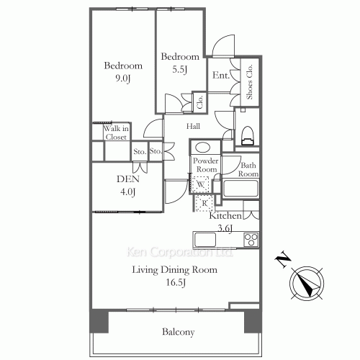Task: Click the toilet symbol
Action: (x=248, y=135)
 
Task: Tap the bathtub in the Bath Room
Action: (x=240, y=189)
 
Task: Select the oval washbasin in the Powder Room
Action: (x=203, y=148)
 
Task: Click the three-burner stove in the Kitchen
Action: (x=251, y=240)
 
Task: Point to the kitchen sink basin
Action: (x=205, y=240)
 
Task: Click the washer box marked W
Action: (x=201, y=184)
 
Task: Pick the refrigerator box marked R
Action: (x=204, y=203)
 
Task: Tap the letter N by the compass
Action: (x=283, y=259)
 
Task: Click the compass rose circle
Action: (x=307, y=283)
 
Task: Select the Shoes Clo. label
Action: (x=250, y=82)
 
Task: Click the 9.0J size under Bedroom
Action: (x=123, y=78)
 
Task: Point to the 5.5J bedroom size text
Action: (x=179, y=69)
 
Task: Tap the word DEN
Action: (x=128, y=179)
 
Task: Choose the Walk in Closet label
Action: (x=116, y=132)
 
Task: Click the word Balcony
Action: (x=179, y=332)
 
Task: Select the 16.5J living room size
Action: (x=176, y=282)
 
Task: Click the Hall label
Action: (x=193, y=126)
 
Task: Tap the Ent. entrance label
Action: (x=221, y=76)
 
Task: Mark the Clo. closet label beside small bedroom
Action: (x=199, y=102)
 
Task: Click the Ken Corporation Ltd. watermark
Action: (x=179, y=252)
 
